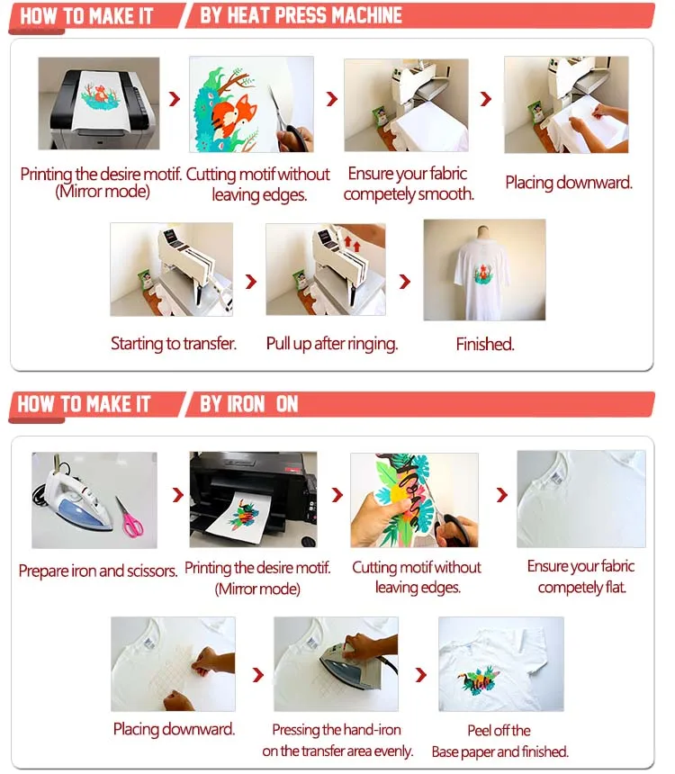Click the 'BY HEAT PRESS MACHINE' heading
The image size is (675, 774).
tap(301, 16)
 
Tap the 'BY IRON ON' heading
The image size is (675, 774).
tap(248, 404)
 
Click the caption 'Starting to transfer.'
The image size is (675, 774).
tap(172, 344)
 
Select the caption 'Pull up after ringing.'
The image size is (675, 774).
tap(331, 344)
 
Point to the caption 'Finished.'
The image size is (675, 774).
tap(484, 344)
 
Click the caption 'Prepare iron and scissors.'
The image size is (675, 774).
tap(97, 571)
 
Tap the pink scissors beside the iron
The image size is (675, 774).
tap(131, 517)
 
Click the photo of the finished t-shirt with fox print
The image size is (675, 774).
tap(484, 270)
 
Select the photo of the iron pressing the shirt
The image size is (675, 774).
tap(335, 663)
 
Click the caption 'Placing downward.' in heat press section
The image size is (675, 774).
tap(568, 183)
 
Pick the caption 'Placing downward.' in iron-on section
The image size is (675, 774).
tap(174, 729)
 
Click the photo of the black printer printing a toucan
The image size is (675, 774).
tap(252, 499)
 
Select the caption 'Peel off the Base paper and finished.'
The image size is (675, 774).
tap(499, 741)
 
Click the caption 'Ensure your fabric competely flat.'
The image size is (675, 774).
tap(581, 577)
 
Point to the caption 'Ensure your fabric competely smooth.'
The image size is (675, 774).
tap(408, 184)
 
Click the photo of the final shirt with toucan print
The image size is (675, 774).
tap(500, 663)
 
